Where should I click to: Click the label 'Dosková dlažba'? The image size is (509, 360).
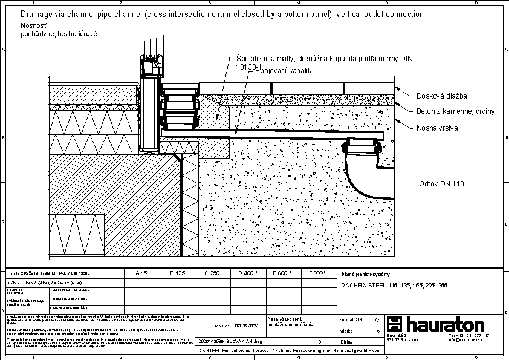[x=442, y=96]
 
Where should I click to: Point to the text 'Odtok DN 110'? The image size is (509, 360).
[x=442, y=184]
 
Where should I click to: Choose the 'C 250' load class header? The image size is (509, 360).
[x=212, y=273]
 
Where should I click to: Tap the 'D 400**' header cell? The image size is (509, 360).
[x=248, y=273]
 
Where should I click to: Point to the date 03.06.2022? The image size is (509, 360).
[x=243, y=325]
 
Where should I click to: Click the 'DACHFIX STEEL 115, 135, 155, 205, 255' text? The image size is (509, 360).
[x=394, y=285]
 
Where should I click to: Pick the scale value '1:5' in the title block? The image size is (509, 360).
[x=377, y=331]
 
